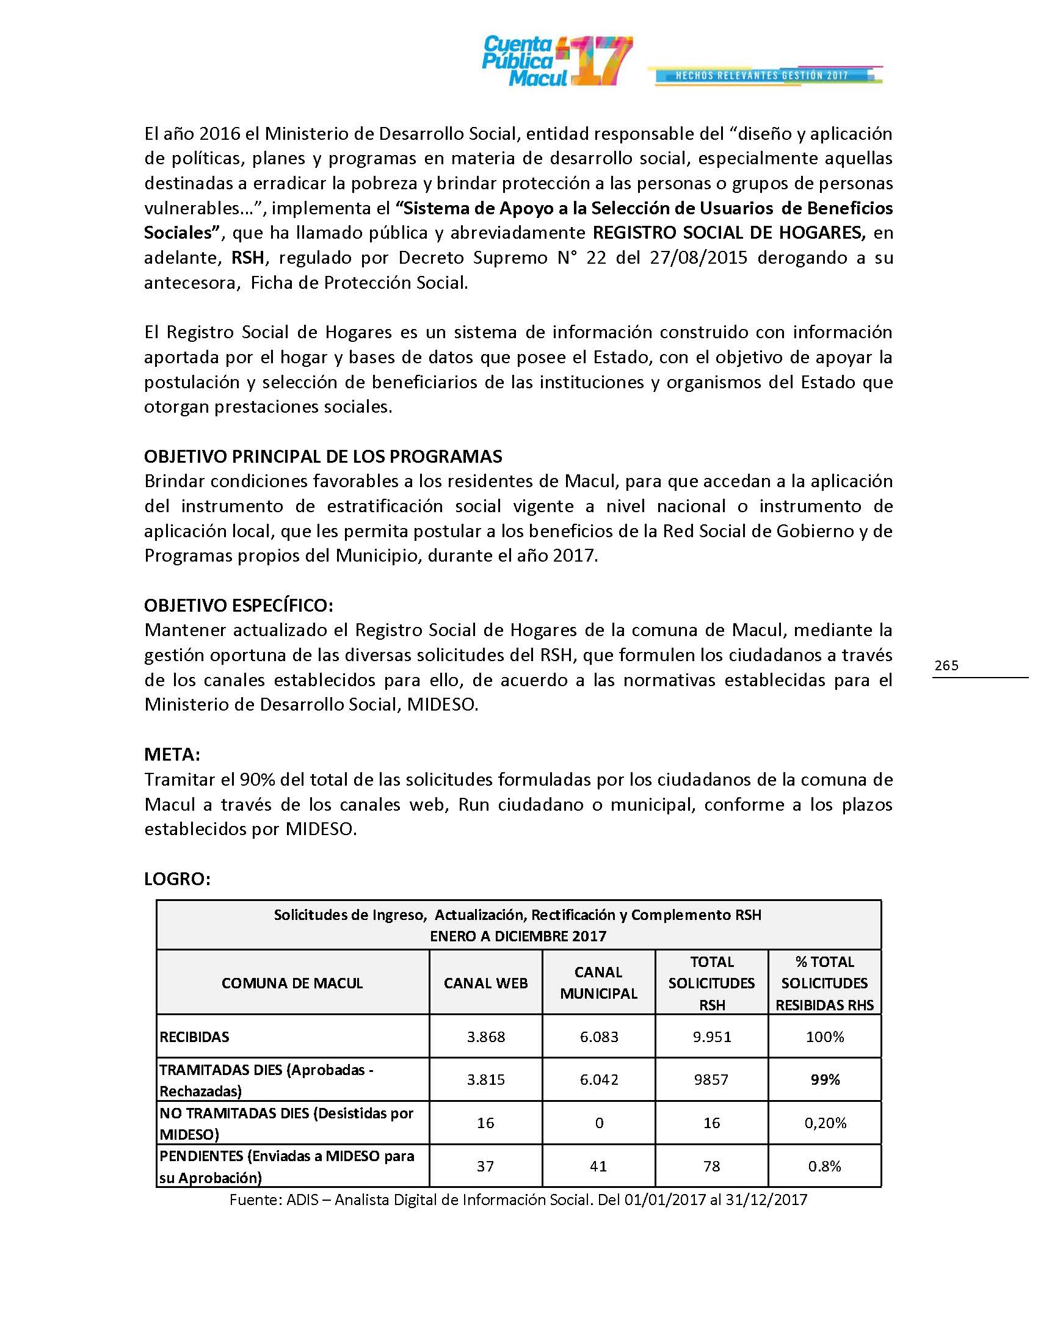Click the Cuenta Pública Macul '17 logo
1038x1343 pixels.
pyautogui.click(x=556, y=61)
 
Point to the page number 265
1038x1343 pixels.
pyautogui.click(x=946, y=665)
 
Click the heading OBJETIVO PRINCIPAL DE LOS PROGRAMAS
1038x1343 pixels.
pyautogui.click(x=323, y=456)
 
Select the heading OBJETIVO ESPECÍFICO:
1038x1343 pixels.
pyautogui.click(x=239, y=606)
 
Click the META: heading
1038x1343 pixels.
pyautogui.click(x=172, y=755)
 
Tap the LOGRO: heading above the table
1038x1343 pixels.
pyautogui.click(x=177, y=879)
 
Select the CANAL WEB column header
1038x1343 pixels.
pyautogui.click(x=486, y=983)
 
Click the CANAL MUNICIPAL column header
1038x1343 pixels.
pyautogui.click(x=598, y=983)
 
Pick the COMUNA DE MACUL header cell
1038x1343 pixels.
pyautogui.click(x=292, y=983)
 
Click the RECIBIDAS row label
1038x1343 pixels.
pyautogui.click(x=194, y=1037)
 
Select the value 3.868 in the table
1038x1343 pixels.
pyautogui.click(x=486, y=1037)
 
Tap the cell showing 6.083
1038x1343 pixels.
pyautogui.click(x=598, y=1037)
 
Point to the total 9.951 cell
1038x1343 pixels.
pyautogui.click(x=711, y=1037)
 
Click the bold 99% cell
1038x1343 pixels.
pyautogui.click(x=825, y=1080)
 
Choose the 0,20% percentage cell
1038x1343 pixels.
pyautogui.click(x=825, y=1123)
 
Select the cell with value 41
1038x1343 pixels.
pyautogui.click(x=598, y=1166)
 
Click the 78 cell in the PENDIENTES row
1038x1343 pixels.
pyautogui.click(x=711, y=1166)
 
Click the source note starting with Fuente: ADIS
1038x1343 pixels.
pyautogui.click(x=518, y=1200)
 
